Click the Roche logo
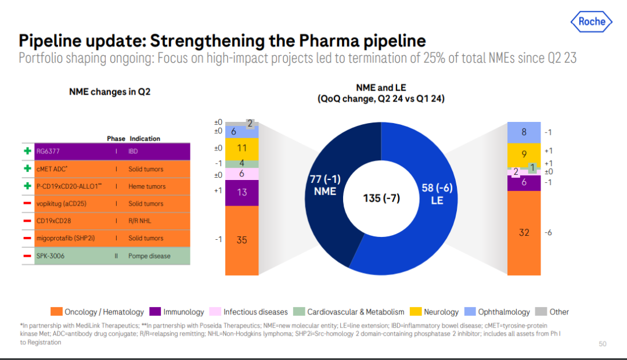592,22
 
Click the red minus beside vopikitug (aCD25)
27,204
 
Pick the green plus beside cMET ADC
27,169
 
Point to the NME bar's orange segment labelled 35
242,239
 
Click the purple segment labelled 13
242,192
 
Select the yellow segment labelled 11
242,149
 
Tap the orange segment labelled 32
524,232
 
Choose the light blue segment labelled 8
524,132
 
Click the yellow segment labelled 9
524,154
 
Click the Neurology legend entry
435,312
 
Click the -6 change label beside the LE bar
548,232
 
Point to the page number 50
602,344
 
